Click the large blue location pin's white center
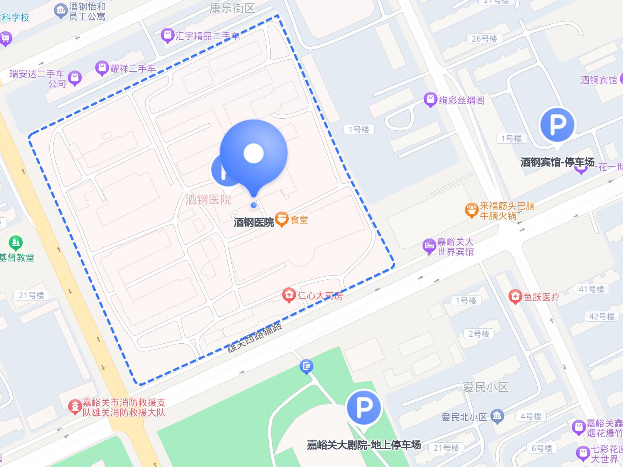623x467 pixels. click(x=253, y=153)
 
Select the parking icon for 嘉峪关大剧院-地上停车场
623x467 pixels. click(x=364, y=407)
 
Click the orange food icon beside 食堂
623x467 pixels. click(x=282, y=219)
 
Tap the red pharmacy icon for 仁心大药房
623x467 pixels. click(x=289, y=295)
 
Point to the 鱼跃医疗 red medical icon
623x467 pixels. click(x=515, y=296)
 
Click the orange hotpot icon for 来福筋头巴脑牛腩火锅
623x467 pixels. click(x=471, y=210)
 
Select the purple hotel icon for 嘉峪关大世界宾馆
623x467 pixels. click(x=429, y=246)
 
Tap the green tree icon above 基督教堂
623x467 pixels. click(x=16, y=243)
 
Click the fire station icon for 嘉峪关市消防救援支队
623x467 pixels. click(x=74, y=407)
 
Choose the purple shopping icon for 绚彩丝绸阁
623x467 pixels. click(x=430, y=100)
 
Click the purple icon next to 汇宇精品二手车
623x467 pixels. click(x=167, y=35)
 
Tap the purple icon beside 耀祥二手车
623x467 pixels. click(x=102, y=68)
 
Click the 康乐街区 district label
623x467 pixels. click(x=232, y=8)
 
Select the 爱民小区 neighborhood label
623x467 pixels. click(x=485, y=387)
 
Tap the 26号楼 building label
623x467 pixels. click(x=484, y=39)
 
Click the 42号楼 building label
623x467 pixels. click(x=602, y=317)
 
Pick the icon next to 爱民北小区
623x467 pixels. click(x=497, y=416)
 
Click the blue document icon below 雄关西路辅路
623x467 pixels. click(x=306, y=366)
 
